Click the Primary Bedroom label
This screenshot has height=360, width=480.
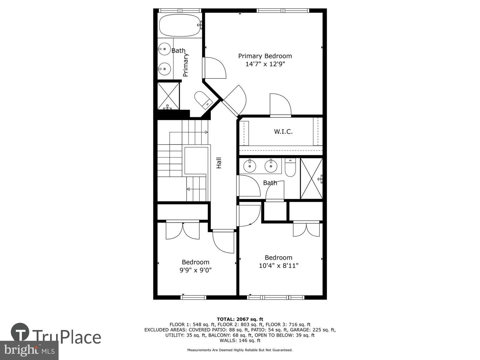click(265, 56)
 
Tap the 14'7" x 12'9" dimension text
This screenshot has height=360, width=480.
click(265, 64)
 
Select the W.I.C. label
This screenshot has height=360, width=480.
click(283, 132)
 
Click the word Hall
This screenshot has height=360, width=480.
click(219, 163)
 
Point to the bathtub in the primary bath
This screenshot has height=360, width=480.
click(181, 25)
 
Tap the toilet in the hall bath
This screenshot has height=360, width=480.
click(290, 167)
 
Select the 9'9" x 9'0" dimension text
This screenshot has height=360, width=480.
click(195, 270)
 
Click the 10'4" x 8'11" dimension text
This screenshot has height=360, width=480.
click(279, 266)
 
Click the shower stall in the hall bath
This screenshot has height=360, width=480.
click(311, 179)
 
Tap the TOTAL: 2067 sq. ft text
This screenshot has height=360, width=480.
click(240, 319)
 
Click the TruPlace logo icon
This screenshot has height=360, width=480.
click(20, 332)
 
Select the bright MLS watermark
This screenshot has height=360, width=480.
click(29, 350)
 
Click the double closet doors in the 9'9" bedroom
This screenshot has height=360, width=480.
click(183, 230)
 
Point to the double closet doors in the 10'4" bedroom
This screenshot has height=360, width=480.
click(306, 229)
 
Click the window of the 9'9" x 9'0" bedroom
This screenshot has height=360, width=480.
click(194, 297)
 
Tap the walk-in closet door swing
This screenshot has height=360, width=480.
click(280, 105)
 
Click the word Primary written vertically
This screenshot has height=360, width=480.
click(185, 65)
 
